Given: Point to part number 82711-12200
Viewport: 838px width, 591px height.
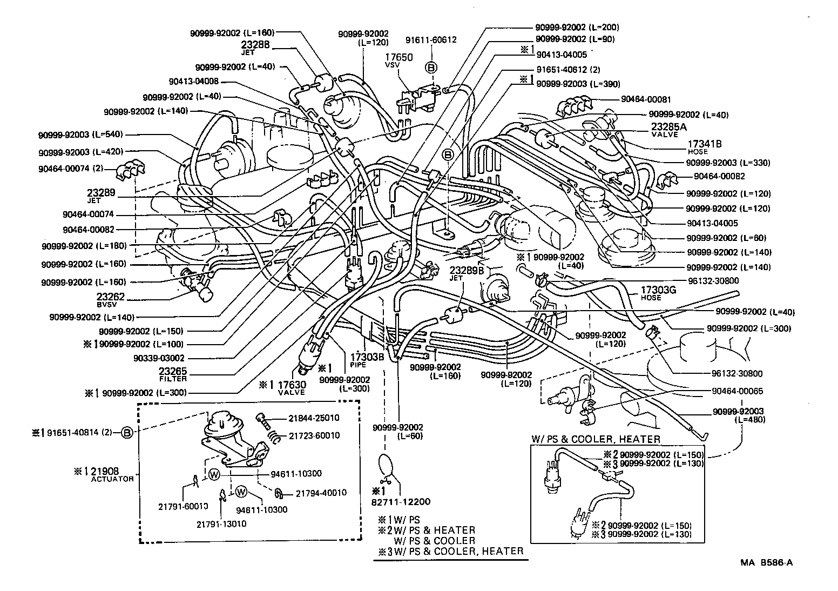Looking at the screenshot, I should point(401,501).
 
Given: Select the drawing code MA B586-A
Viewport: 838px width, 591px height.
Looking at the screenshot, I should point(766,562).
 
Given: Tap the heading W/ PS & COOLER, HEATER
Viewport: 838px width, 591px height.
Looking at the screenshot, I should point(595,439).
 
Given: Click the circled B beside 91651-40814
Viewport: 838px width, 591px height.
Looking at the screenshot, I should point(126,433).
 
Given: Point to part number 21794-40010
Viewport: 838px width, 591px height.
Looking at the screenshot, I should point(322,493).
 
